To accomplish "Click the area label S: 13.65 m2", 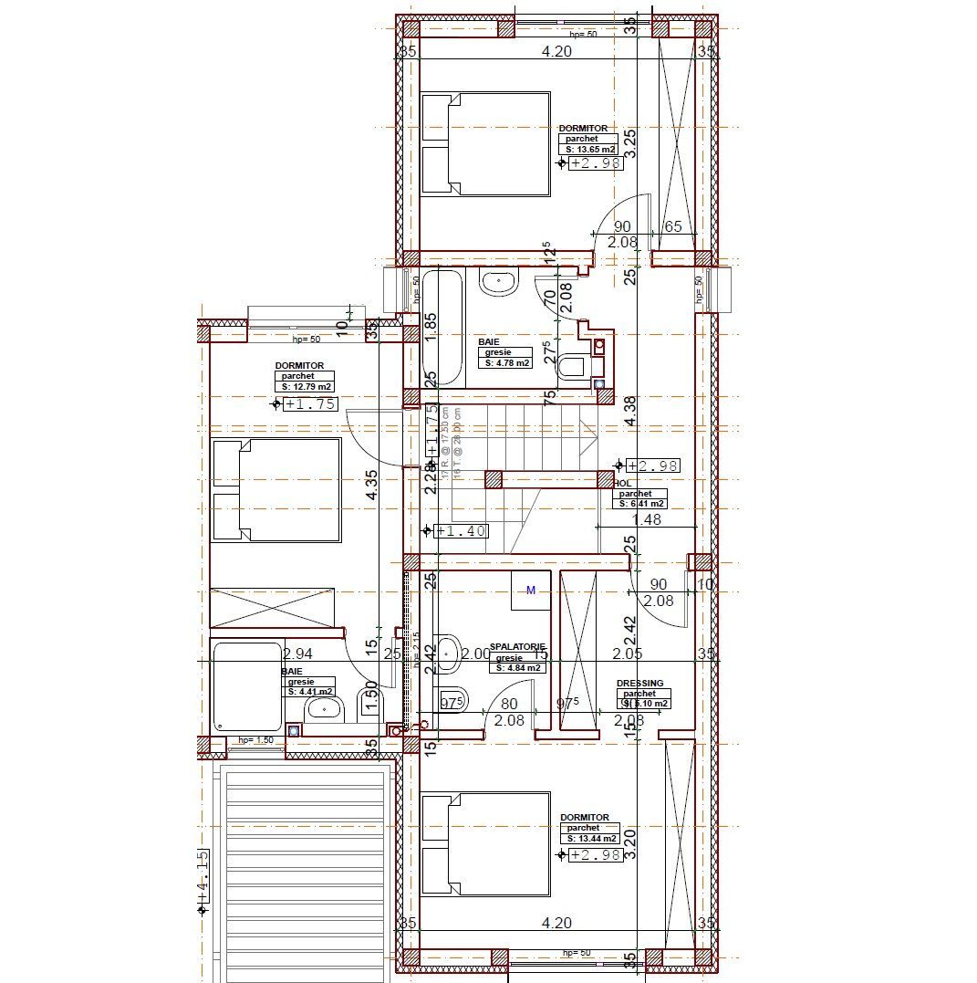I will tap(590, 149).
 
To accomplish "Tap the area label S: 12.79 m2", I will tap(307, 387).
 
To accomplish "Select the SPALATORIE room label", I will tap(517, 646).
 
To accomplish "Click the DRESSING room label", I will tap(639, 683).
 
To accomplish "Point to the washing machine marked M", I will tap(531, 591).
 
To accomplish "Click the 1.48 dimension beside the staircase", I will tap(647, 519).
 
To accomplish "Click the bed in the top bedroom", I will tap(486, 143).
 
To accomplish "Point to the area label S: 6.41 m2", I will tap(641, 503).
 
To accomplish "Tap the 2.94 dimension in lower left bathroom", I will tap(297, 654).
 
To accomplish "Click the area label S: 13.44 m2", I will tap(590, 838).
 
